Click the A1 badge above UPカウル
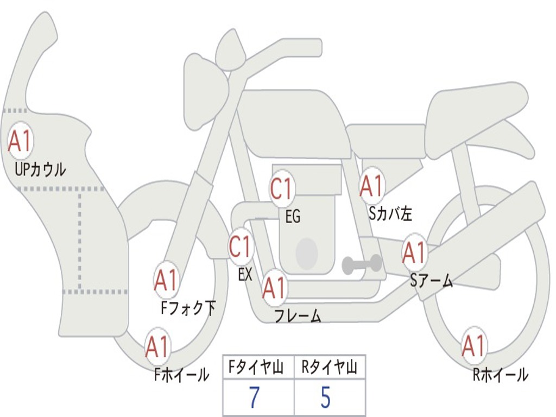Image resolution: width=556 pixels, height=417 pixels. click(21, 141)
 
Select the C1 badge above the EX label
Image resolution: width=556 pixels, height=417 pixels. click(241, 247)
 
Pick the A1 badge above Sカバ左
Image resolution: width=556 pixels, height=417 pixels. click(371, 186)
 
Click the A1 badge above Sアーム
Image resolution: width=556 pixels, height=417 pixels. click(414, 252)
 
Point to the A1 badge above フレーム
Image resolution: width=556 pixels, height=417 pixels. click(274, 287)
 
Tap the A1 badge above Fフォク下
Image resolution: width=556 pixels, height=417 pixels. click(166, 280)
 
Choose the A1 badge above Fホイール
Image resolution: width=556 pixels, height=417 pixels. click(157, 347)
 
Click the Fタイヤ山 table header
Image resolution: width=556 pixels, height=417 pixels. click(256, 367)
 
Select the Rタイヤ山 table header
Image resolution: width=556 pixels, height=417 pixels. click(329, 367)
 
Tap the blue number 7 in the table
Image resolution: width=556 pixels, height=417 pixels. click(254, 397)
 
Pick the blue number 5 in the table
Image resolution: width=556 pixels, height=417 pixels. click(326, 397)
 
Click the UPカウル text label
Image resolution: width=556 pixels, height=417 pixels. click(40, 169)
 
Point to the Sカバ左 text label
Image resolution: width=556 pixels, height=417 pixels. click(390, 213)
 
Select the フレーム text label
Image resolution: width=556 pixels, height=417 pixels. click(298, 315)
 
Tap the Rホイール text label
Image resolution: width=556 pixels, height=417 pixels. click(500, 375)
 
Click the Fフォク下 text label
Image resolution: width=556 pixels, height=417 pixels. click(188, 308)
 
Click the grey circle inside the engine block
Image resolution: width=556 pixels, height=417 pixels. click(307, 253)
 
